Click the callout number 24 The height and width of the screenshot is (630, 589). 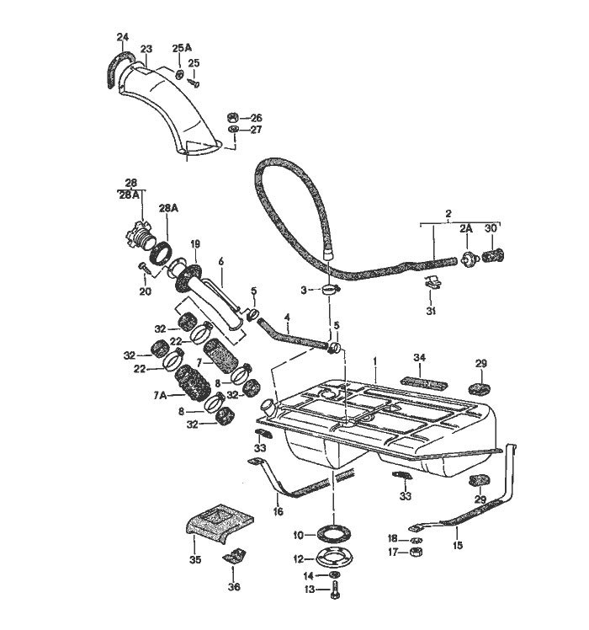[122, 37]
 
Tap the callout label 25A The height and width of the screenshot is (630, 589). [182, 48]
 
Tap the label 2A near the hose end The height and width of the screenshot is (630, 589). [466, 228]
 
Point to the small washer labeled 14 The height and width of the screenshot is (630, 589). [335, 574]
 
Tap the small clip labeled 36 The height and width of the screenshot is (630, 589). [233, 555]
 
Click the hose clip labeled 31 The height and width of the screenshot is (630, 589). [430, 284]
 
